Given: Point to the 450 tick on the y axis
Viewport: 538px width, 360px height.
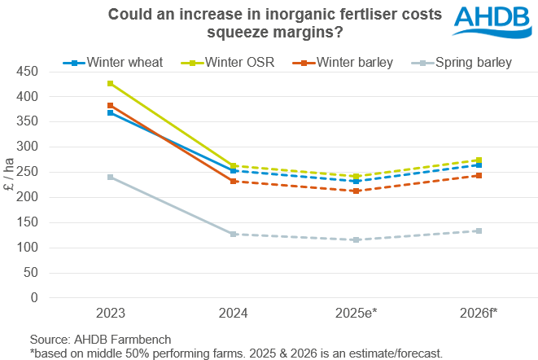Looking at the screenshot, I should coord(28,72).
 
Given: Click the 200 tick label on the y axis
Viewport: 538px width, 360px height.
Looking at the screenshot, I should coord(28,197).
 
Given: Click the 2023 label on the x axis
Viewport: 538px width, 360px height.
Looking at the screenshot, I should coord(110,313).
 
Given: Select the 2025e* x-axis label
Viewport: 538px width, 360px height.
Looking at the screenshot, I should coord(356,313).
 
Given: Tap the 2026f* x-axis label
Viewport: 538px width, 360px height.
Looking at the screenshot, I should coord(479,313).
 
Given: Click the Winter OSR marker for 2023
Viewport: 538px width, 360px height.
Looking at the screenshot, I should coord(110,84).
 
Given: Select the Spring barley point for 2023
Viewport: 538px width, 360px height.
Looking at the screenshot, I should coord(110,177).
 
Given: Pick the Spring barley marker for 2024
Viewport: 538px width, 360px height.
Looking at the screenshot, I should coord(233,234).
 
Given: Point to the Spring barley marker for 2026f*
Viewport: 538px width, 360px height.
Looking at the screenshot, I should coord(479,230).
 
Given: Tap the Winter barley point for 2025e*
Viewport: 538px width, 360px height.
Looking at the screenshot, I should coord(356,191).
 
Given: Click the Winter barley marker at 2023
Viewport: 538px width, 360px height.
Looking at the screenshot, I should coord(110,106).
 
